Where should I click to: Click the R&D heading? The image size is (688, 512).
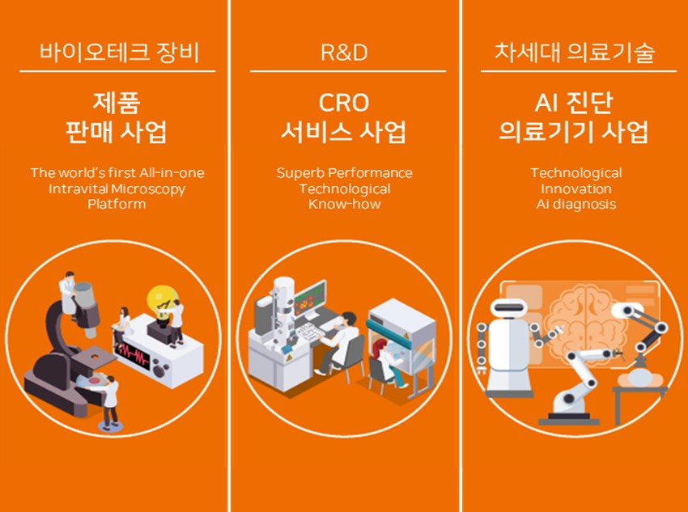click(344, 53)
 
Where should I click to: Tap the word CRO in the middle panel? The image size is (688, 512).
click(344, 103)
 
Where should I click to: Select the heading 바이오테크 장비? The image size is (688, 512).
click(119, 53)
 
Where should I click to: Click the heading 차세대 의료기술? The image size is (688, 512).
click(575, 53)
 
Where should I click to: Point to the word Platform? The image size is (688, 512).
click(117, 205)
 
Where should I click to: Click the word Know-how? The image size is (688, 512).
click(345, 205)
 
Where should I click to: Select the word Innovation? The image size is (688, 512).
click(576, 189)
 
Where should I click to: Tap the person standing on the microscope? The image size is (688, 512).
click(68, 292)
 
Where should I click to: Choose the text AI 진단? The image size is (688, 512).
click(574, 104)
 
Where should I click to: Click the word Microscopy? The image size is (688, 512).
click(148, 189)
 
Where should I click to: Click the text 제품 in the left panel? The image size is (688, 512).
click(117, 103)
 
